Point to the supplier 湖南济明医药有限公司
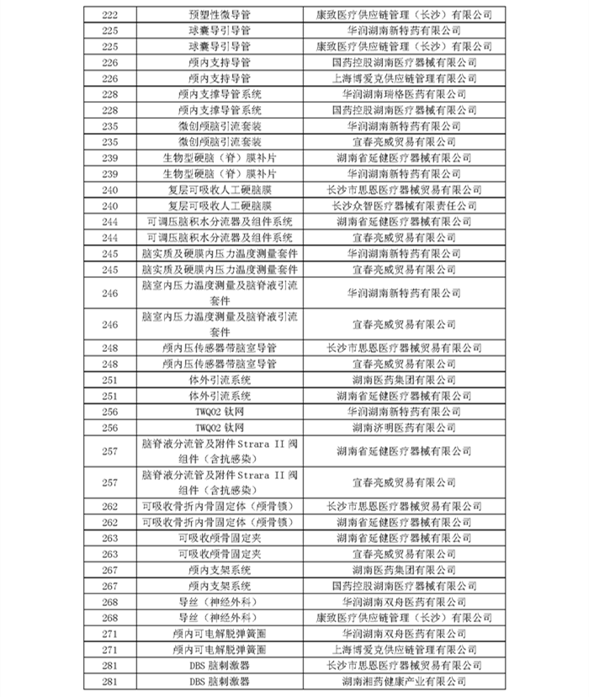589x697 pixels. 403,428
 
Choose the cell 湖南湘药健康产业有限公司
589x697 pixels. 403,681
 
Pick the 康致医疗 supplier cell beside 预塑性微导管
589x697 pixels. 403,13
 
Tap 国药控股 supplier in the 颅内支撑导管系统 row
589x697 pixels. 403,109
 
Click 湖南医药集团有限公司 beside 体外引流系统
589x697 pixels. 403,380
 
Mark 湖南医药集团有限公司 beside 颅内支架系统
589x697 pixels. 403,570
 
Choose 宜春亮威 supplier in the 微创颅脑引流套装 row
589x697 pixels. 403,141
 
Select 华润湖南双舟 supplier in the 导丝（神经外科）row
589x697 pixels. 403,602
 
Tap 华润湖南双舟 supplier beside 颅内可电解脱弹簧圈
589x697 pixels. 403,634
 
